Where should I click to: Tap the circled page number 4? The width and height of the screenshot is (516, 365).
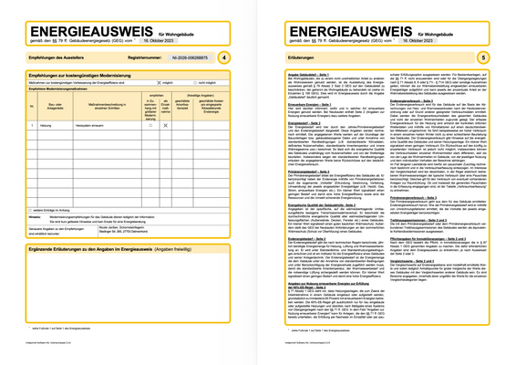(x=225, y=58)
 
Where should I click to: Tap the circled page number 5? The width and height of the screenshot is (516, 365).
(x=483, y=58)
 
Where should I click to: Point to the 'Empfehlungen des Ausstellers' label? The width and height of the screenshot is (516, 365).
(x=48, y=58)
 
